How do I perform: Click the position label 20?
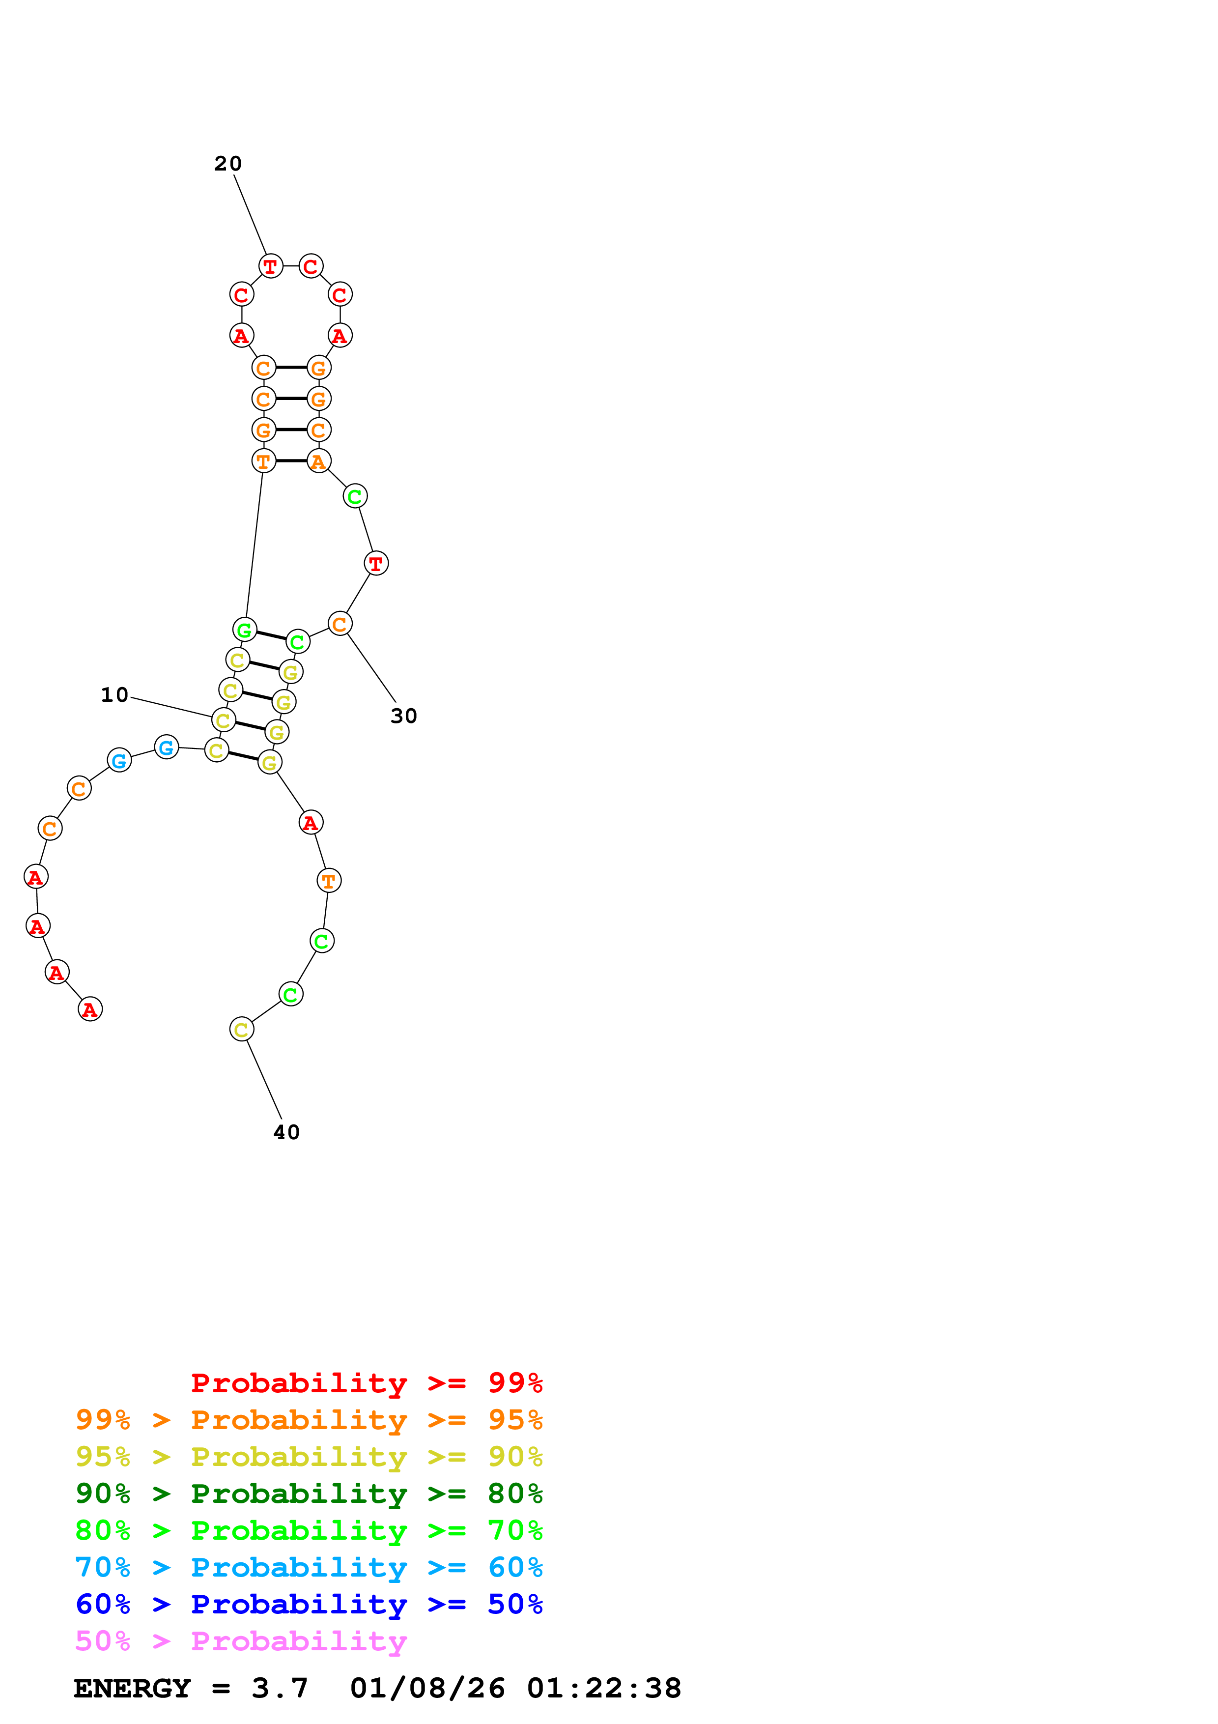(227, 164)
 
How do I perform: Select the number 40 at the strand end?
(286, 1132)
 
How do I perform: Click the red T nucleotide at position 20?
(270, 266)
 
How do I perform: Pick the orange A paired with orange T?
(319, 461)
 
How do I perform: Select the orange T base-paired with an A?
(263, 461)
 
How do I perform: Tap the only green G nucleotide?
(245, 630)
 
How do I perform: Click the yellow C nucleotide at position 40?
(241, 1030)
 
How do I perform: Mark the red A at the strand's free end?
(90, 1009)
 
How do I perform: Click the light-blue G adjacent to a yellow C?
(167, 747)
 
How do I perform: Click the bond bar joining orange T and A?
(291, 461)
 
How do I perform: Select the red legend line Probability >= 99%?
(366, 1382)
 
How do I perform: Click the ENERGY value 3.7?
(279, 1688)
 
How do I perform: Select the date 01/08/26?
(427, 1688)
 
